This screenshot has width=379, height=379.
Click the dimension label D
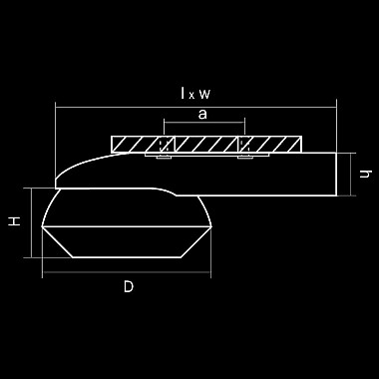click(x=129, y=286)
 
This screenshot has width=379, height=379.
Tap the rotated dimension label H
click(x=15, y=221)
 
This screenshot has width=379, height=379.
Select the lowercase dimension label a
click(x=202, y=115)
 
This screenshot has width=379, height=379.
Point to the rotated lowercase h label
click(x=365, y=174)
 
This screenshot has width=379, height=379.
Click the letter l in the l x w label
click(x=183, y=93)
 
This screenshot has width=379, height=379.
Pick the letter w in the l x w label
click(x=204, y=94)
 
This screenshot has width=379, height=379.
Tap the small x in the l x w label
click(x=191, y=96)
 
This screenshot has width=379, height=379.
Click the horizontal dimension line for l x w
click(x=196, y=107)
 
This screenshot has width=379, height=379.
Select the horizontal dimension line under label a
click(x=204, y=123)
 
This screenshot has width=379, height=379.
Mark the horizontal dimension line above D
click(x=127, y=272)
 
